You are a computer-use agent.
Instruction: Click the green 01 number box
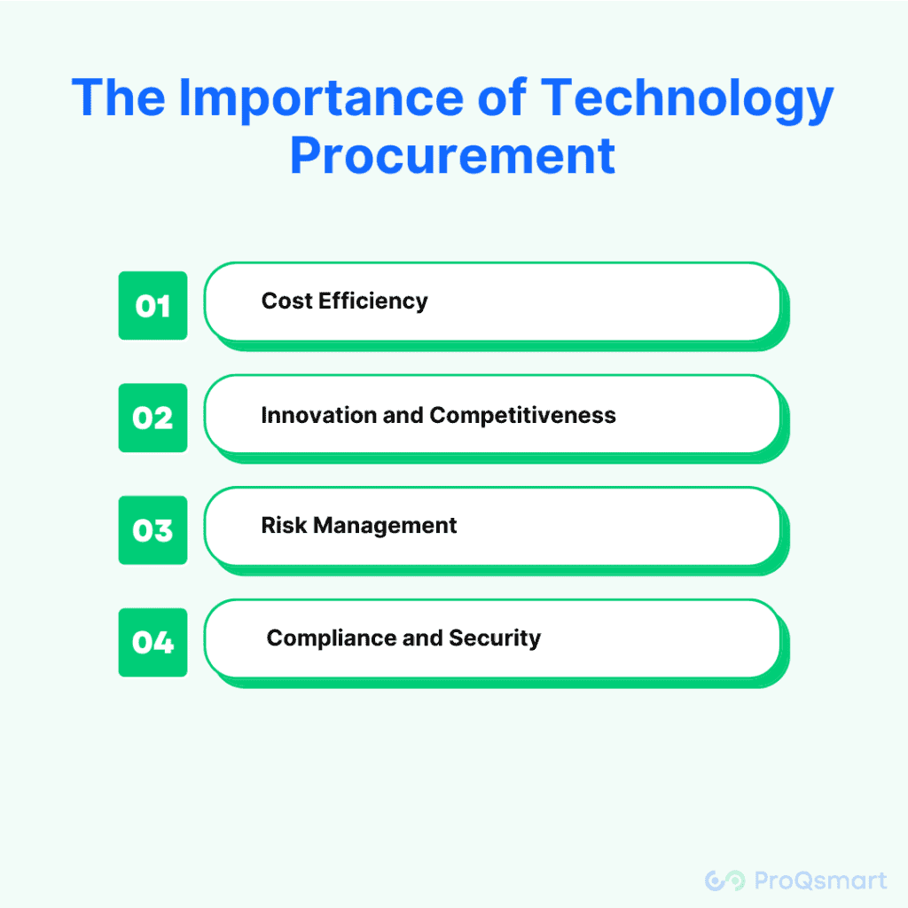coord(153,305)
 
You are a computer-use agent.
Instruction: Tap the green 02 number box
coord(153,418)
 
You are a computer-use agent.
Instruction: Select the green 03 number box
coord(153,530)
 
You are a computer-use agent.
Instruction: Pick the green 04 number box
coord(153,642)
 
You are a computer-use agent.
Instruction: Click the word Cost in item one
coord(286,301)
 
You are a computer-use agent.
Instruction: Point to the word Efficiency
coord(373,301)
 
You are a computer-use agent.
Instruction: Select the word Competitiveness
coord(523,416)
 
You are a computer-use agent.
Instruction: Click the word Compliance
coord(332,638)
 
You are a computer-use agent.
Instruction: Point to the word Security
coord(495,638)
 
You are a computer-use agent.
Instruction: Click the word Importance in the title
coord(321,99)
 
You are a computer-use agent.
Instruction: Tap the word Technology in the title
coord(687,99)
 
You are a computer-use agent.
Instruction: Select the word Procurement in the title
coord(453,156)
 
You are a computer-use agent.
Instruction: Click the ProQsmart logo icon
coord(725,881)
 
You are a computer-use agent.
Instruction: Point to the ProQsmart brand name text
coord(820,881)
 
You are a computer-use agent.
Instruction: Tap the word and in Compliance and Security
coord(423,638)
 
